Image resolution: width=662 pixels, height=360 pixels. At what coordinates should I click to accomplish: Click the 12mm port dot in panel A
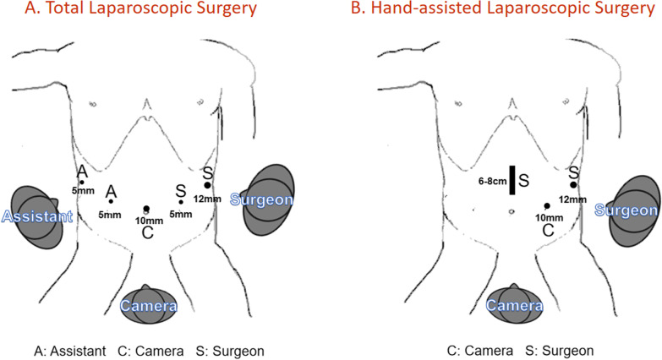coord(207,184)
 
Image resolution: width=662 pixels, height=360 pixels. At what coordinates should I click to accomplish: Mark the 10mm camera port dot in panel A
coord(146,208)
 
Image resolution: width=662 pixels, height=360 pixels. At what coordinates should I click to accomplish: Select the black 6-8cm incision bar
coord(512,180)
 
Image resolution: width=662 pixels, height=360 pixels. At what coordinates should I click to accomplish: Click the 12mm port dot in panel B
coord(573,184)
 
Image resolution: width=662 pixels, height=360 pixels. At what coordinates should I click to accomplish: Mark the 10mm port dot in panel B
coord(547,205)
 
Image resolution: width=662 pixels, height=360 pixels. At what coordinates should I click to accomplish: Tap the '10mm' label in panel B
coord(547,217)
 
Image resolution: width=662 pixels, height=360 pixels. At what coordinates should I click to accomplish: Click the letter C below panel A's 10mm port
coord(146,232)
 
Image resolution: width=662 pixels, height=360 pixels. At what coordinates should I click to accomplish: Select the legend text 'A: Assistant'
coord(65,348)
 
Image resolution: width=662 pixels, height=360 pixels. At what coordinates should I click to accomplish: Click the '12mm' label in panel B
coord(573,199)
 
